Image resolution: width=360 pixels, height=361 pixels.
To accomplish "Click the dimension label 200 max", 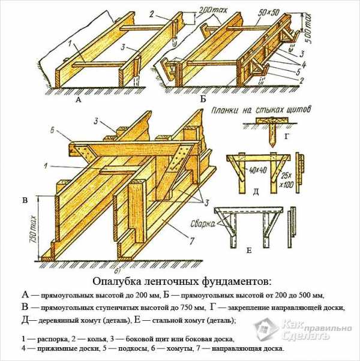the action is tap(212, 11).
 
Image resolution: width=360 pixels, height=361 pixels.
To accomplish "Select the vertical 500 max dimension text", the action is tap(308, 26).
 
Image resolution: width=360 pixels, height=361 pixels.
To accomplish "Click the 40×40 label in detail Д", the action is tap(257, 170).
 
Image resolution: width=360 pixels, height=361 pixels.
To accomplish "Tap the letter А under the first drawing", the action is tap(79, 100).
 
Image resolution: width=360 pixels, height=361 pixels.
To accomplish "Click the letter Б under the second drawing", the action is tap(203, 99).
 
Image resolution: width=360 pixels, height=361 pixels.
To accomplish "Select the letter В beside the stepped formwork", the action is tap(25, 200).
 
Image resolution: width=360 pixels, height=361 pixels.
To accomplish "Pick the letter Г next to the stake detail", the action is tap(286, 137).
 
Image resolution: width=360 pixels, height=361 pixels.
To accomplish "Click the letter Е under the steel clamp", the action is tap(249, 250).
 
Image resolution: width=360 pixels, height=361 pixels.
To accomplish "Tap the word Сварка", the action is tap(203, 224).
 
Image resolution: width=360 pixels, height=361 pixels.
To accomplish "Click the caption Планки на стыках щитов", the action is tap(261, 110).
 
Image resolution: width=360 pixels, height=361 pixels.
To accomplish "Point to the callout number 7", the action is tap(191, 241).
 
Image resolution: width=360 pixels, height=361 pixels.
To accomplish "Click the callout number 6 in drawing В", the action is tap(52, 130).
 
